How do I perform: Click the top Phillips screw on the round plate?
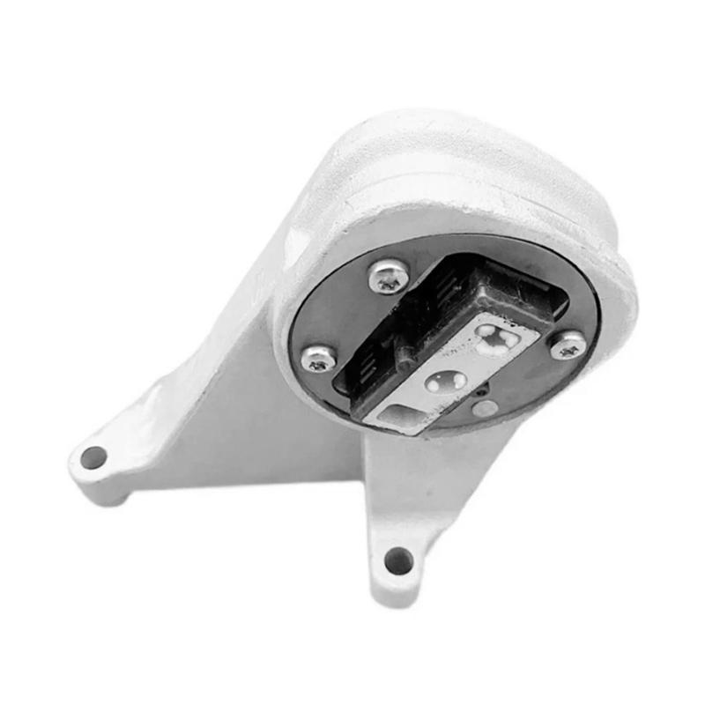click(389, 276)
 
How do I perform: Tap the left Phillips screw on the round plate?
click(319, 358)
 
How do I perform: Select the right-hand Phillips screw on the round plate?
click(568, 345)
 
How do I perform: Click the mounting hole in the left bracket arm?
click(93, 457)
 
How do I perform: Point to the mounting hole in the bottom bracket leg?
click(398, 560)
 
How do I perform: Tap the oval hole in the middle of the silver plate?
click(446, 382)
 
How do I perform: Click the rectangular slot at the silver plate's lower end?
click(402, 413)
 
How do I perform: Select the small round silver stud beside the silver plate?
click(484, 408)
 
